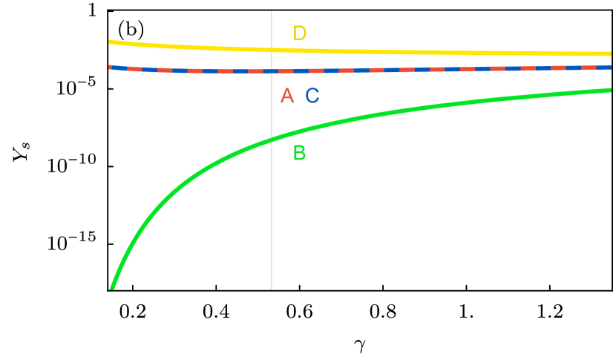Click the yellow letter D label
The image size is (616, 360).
click(300, 33)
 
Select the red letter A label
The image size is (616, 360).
click(286, 96)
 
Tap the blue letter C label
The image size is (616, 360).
click(312, 96)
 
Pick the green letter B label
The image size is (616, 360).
click(300, 153)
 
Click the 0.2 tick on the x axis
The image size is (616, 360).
click(133, 312)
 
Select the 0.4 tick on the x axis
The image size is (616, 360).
click(216, 312)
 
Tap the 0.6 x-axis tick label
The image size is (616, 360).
click(299, 312)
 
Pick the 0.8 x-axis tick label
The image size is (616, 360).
click(382, 312)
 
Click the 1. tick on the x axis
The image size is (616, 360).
click(466, 312)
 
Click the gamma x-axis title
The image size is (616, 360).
click(360, 344)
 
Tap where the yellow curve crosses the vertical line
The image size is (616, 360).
click(272, 50)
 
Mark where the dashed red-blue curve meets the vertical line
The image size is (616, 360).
click(272, 71)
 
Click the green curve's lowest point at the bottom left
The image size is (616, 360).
click(111, 288)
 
